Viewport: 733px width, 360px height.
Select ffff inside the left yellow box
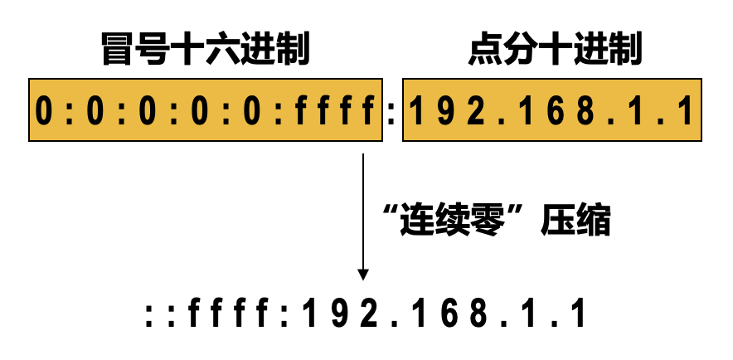337,111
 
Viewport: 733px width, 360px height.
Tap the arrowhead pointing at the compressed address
362,274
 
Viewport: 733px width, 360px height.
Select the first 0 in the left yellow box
45,111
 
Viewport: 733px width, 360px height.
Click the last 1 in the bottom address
578,315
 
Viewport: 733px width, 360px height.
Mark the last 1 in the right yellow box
685,111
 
